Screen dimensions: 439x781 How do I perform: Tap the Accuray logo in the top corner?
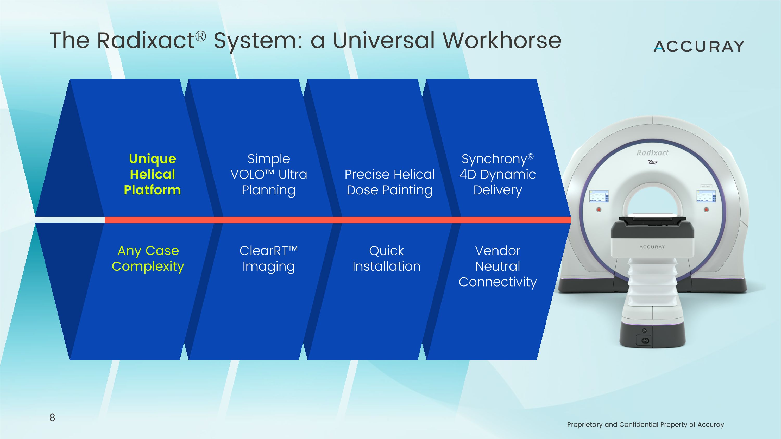(x=699, y=46)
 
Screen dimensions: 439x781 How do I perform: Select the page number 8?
(x=52, y=417)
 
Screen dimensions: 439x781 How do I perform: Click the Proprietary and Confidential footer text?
(x=645, y=424)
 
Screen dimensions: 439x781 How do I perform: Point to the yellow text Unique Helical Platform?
(x=152, y=174)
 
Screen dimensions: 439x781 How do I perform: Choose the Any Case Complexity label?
(x=148, y=258)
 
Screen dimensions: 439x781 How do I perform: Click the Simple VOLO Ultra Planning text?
(x=269, y=174)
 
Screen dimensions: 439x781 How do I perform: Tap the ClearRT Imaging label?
(x=269, y=258)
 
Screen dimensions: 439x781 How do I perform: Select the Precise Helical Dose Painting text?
(x=390, y=182)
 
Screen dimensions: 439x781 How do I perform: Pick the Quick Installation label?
(x=387, y=258)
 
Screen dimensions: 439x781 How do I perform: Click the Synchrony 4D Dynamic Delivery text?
(x=497, y=174)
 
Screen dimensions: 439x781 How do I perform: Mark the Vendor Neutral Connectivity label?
(x=497, y=266)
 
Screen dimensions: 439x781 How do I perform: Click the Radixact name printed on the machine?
(x=652, y=153)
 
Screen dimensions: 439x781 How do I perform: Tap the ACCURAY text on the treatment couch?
(x=652, y=247)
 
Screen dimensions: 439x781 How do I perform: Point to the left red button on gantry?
(x=599, y=209)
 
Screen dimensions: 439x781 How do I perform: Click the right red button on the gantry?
(x=706, y=209)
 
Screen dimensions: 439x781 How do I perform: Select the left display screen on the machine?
(x=599, y=196)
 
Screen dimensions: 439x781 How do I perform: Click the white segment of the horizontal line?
(x=70, y=220)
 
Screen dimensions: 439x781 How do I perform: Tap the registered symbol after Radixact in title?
(x=200, y=36)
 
